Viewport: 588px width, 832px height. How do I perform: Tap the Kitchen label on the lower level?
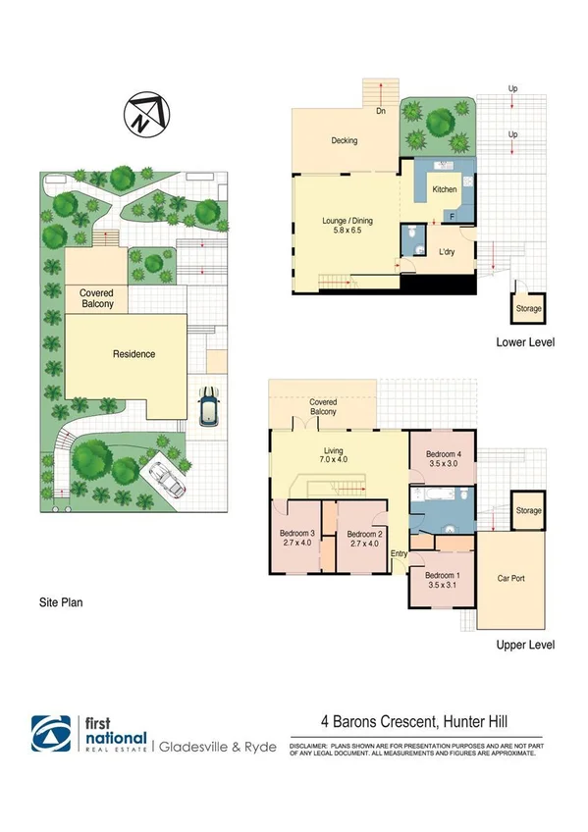(445, 188)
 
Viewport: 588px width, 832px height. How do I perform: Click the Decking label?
(344, 140)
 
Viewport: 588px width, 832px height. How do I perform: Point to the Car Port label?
(511, 579)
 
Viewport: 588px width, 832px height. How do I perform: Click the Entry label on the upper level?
(400, 554)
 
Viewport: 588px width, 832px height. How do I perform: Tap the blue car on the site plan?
(208, 406)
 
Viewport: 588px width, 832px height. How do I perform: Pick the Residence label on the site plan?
(134, 354)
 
